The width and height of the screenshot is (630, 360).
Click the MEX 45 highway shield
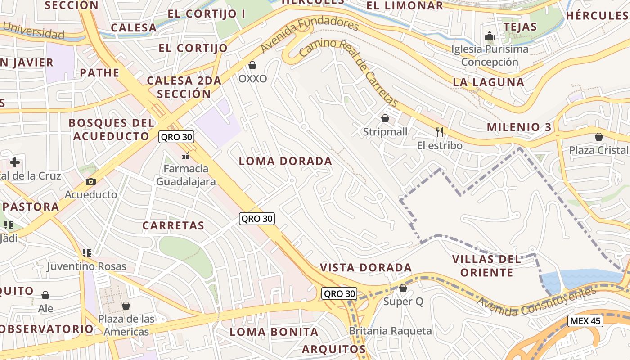tap(585, 321)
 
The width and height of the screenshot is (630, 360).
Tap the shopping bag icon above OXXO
tap(252, 66)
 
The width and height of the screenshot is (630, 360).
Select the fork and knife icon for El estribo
tap(440, 132)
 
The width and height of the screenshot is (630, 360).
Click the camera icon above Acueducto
tap(91, 181)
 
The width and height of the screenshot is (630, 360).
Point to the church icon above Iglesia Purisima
tap(490, 36)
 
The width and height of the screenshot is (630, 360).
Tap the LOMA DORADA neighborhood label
tap(285, 161)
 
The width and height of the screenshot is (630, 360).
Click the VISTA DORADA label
tap(365, 268)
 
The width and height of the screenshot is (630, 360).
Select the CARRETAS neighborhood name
tap(173, 225)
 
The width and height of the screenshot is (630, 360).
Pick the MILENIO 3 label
tap(519, 127)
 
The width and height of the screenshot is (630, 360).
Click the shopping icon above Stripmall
tap(385, 118)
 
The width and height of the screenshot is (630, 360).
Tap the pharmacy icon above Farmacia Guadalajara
tap(185, 156)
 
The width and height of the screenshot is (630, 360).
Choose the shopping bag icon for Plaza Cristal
tap(598, 137)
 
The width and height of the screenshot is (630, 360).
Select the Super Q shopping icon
tap(403, 288)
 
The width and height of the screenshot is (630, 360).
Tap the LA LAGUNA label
tap(488, 82)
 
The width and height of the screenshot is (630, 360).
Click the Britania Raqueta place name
tap(390, 331)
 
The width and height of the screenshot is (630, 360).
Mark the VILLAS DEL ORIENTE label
tap(486, 265)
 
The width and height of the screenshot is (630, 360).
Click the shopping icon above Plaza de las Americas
tap(126, 306)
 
